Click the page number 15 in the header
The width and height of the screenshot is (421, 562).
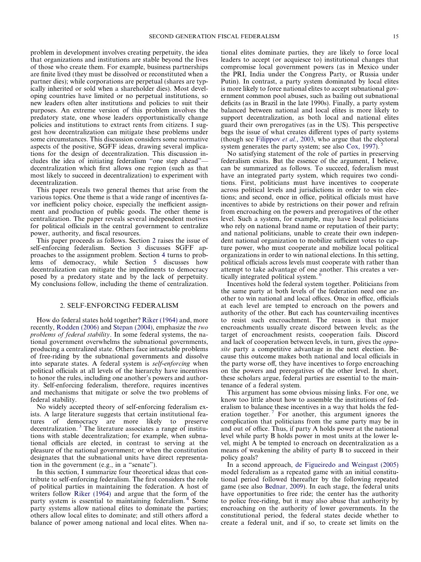click(x=396, y=36)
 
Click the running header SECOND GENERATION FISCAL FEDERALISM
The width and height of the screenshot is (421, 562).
click(x=214, y=36)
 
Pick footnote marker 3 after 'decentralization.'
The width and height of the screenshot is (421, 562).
click(x=81, y=426)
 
